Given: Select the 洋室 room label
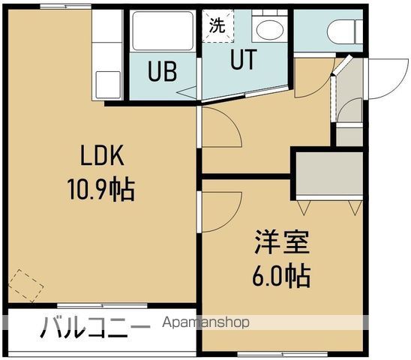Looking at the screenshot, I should (280, 244).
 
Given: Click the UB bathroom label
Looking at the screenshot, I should (162, 73).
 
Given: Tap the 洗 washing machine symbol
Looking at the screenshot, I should (217, 25).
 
